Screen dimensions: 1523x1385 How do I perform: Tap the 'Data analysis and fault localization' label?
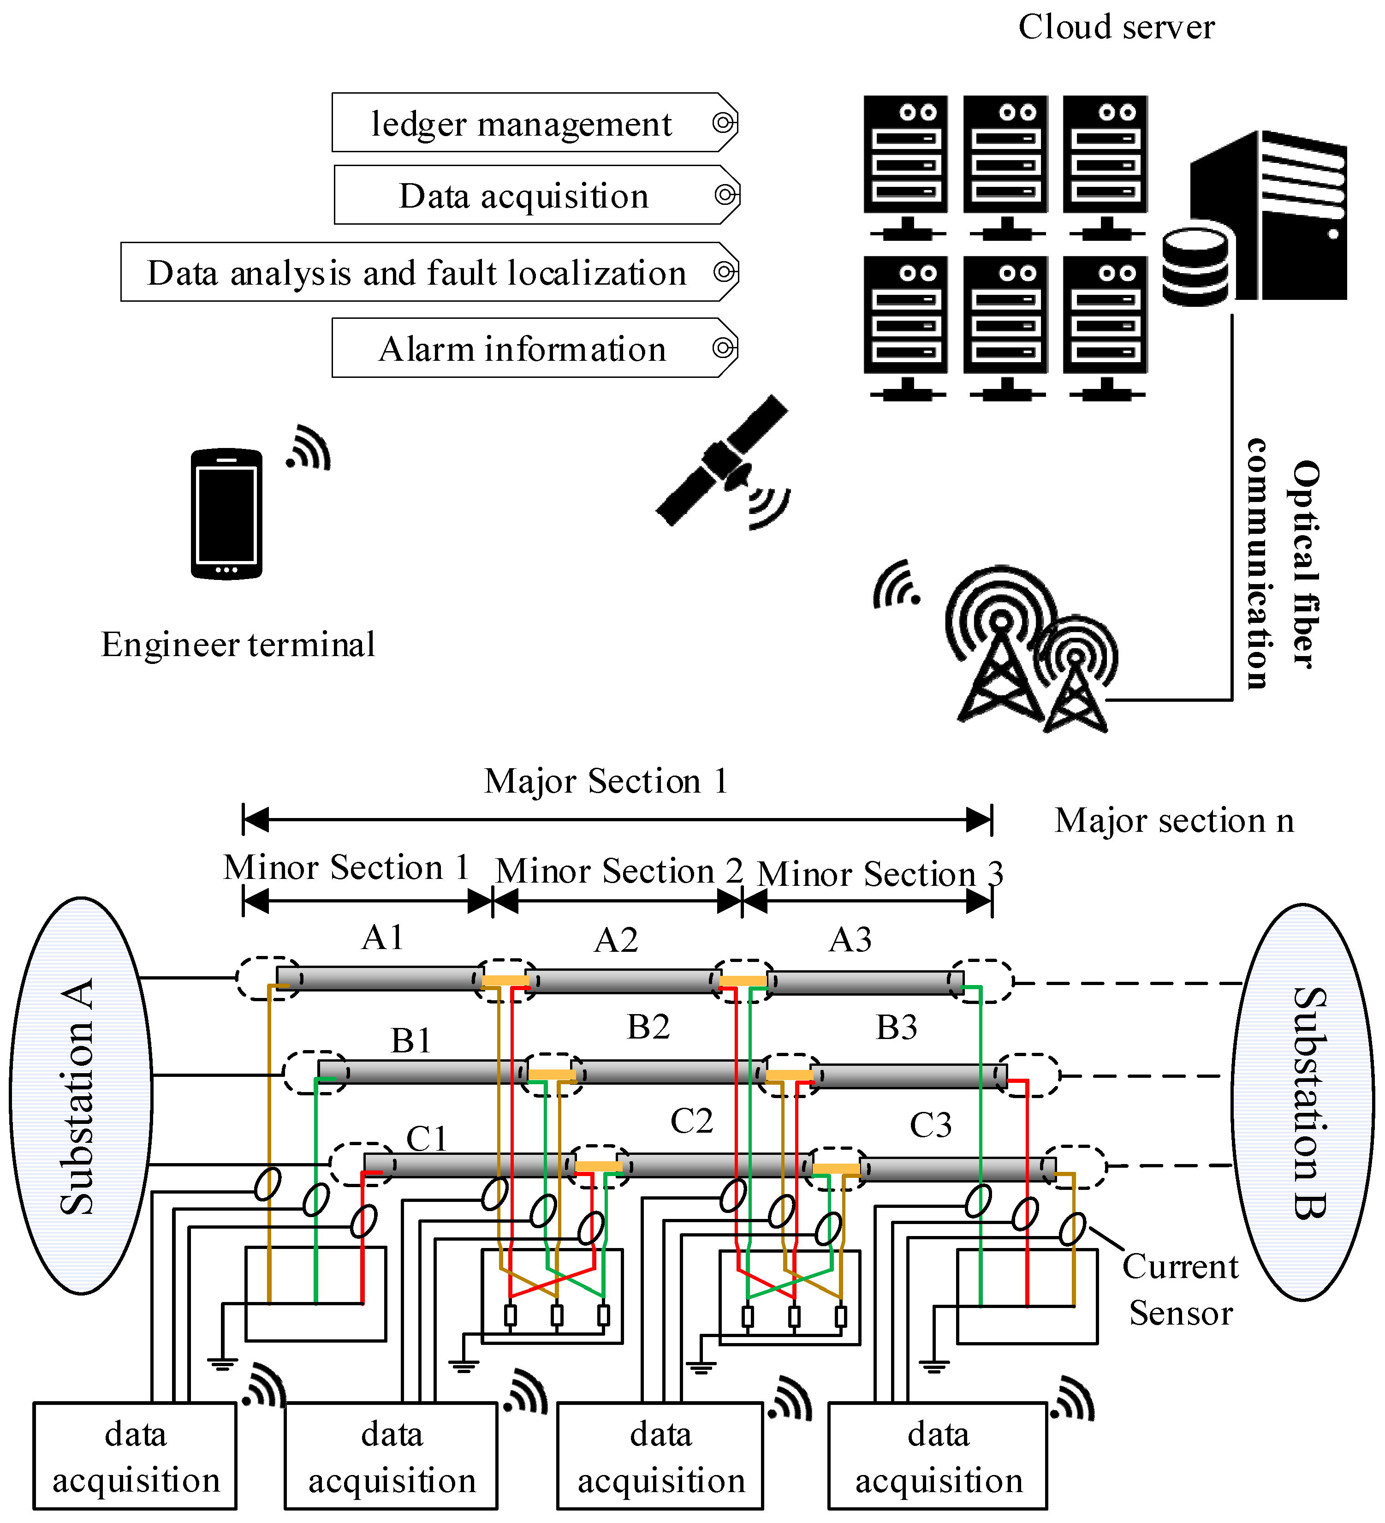[x=417, y=273]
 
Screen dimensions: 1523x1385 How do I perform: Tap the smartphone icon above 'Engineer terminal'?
[x=226, y=514]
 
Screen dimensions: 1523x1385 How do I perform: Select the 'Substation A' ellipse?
[x=81, y=1095]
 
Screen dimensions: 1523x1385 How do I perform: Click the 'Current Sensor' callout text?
[x=1180, y=1290]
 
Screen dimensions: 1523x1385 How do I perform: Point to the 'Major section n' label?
[x=1174, y=820]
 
